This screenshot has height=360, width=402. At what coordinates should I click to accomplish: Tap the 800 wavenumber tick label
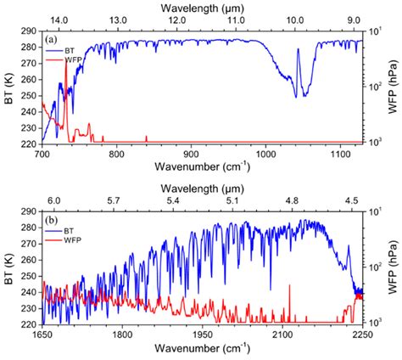pyautogui.click(x=117, y=154)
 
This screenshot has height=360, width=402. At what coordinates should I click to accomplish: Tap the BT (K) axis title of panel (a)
pyautogui.click(x=8, y=89)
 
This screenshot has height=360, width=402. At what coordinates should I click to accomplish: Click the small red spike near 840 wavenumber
pyautogui.click(x=147, y=138)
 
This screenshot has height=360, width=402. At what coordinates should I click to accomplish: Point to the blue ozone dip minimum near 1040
pyautogui.click(x=296, y=96)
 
